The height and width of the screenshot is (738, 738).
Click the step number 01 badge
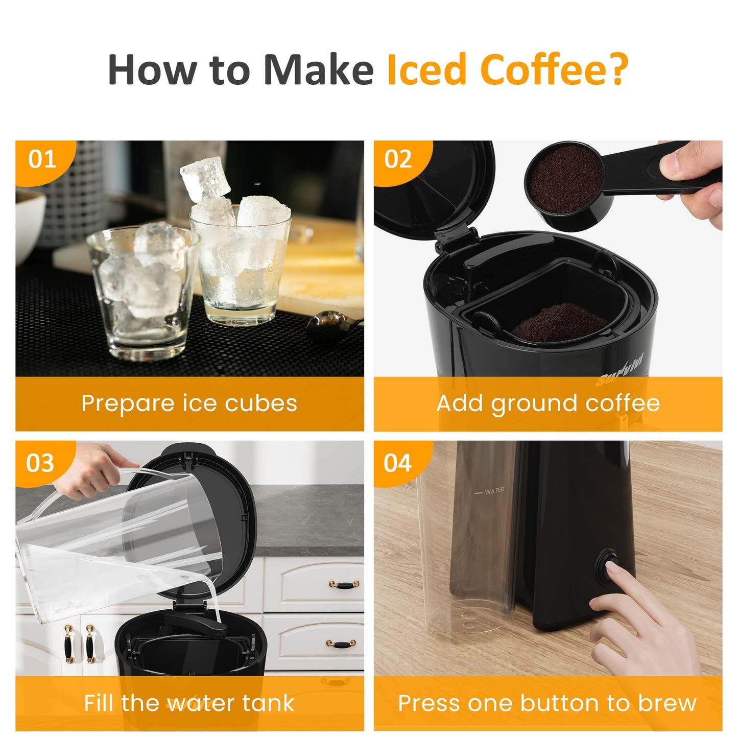(42, 159)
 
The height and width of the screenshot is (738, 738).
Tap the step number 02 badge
(398, 159)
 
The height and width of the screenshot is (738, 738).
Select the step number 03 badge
(40, 463)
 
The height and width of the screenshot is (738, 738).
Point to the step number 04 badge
(397, 463)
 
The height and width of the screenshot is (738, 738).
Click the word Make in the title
(319, 69)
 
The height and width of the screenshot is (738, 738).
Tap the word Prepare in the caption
(128, 403)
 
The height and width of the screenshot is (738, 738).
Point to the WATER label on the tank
(494, 491)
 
